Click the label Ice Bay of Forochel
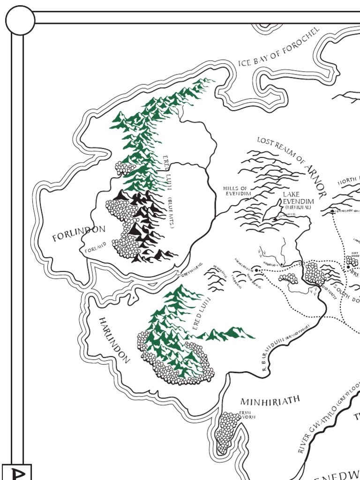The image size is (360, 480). coord(278,47)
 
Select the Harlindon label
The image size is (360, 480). coord(113,339)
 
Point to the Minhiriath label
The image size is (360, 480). coord(270,401)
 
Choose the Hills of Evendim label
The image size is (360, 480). coord(237,191)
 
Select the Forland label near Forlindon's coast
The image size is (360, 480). coord(96,247)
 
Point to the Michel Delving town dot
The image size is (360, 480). coord(257,270)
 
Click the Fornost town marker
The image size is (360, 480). coord(332,211)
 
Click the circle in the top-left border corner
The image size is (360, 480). coord(20,21)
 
